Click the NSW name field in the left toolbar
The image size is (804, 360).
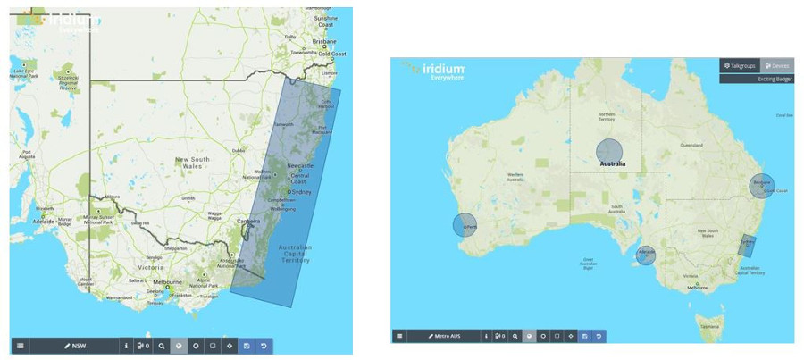79,345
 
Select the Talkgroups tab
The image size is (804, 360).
740,66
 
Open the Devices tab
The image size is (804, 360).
777,66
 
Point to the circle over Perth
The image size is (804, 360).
465,226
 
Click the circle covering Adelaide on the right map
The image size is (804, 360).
647,255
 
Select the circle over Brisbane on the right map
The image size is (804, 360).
761,186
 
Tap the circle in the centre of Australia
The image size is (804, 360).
609,152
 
